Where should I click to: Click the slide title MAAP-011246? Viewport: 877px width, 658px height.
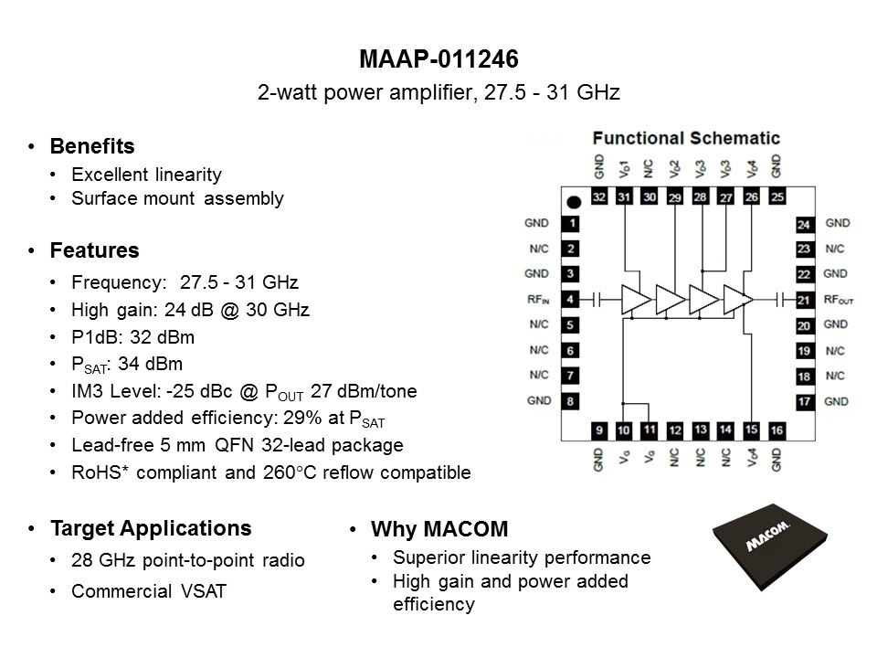point(438,60)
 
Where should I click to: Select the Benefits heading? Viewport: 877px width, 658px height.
point(92,146)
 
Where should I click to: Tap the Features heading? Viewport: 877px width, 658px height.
point(94,249)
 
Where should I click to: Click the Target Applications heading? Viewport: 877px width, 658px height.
point(151,528)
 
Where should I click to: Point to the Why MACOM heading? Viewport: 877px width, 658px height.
point(438,529)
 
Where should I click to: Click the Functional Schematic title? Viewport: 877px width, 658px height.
point(686,139)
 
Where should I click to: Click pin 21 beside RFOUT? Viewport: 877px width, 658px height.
point(803,299)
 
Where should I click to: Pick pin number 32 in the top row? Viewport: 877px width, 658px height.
point(599,196)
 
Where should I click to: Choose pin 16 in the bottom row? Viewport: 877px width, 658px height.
point(777,430)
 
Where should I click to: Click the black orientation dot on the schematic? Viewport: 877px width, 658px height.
point(574,201)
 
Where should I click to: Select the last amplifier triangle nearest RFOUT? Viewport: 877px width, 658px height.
point(737,299)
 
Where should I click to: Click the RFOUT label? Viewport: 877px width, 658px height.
point(838,299)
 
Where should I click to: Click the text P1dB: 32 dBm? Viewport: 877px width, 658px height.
point(132,336)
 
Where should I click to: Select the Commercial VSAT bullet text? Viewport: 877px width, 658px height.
point(149,591)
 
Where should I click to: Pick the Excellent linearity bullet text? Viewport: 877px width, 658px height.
point(146,174)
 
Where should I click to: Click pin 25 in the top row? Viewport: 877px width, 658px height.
point(777,196)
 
